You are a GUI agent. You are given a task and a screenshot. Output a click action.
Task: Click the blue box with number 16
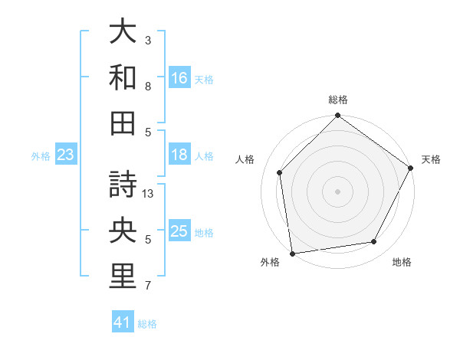[x=179, y=78]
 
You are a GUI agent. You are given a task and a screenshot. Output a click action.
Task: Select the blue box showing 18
[x=179, y=155]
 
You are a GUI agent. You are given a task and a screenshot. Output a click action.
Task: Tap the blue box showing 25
[x=179, y=232]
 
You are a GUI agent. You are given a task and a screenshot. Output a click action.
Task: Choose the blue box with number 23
[x=65, y=155]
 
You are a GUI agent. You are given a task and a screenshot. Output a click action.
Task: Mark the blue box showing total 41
[x=123, y=322]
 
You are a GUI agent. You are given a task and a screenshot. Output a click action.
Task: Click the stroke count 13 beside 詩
[x=149, y=194]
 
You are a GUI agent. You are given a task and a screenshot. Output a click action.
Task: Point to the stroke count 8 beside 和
[x=149, y=86]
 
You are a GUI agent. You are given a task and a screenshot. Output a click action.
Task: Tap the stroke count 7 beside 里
[x=149, y=286]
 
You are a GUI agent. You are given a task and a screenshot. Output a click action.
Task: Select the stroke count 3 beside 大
[x=149, y=40]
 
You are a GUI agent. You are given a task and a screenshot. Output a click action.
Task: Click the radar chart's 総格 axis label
[x=338, y=100]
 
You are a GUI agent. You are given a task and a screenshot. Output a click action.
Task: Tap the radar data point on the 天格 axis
[x=411, y=168]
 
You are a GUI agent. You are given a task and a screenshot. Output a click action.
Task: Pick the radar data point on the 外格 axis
[x=292, y=254]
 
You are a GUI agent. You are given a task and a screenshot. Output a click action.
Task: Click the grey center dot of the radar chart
[x=338, y=191]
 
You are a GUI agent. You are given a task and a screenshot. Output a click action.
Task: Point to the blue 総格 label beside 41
[x=147, y=324]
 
